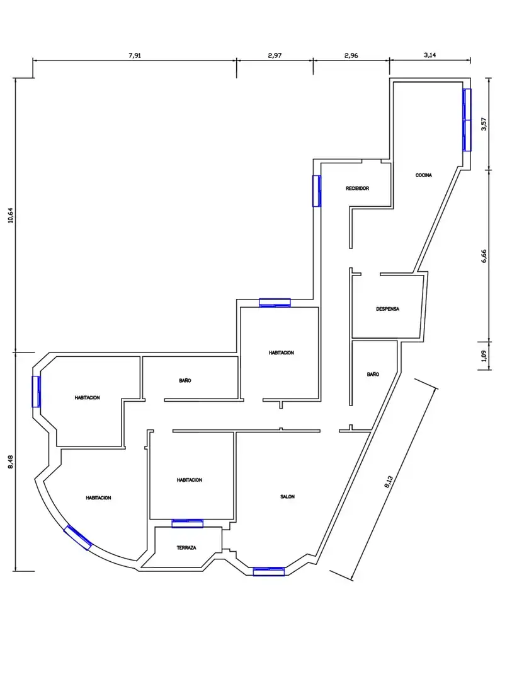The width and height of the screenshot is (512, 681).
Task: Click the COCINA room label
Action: pyautogui.click(x=423, y=175)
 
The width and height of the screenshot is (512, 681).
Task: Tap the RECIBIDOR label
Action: pyautogui.click(x=357, y=189)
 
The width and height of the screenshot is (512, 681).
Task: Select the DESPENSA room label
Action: pyautogui.click(x=387, y=309)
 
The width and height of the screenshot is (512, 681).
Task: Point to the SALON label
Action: pyautogui.click(x=287, y=496)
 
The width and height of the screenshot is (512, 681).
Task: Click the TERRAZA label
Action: pyautogui.click(x=186, y=548)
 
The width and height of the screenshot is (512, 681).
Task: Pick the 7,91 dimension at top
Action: pyautogui.click(x=135, y=55)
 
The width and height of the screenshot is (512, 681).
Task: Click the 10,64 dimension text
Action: pyautogui.click(x=11, y=215)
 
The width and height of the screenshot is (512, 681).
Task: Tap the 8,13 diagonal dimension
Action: pyautogui.click(x=389, y=482)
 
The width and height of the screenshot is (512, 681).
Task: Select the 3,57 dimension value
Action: pyautogui.click(x=484, y=124)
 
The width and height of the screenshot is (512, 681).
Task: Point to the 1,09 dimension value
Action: pyautogui.click(x=484, y=356)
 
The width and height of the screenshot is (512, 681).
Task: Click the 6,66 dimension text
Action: pyautogui.click(x=484, y=256)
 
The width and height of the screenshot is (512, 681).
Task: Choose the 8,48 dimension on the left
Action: pyautogui.click(x=11, y=462)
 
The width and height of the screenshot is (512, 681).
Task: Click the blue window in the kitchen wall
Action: pyautogui.click(x=467, y=120)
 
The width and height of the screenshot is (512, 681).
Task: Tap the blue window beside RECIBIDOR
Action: pyautogui.click(x=317, y=191)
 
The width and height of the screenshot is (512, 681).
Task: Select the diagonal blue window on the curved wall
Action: pyautogui.click(x=78, y=538)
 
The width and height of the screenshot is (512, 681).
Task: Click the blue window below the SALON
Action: pyautogui.click(x=268, y=571)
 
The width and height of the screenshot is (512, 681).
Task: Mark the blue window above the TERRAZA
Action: pyautogui.click(x=188, y=523)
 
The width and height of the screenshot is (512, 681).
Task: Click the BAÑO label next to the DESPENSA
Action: pyautogui.click(x=373, y=375)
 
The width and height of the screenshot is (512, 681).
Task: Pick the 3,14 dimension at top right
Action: pyautogui.click(x=430, y=55)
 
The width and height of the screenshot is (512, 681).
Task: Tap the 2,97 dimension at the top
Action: pyautogui.click(x=275, y=55)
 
